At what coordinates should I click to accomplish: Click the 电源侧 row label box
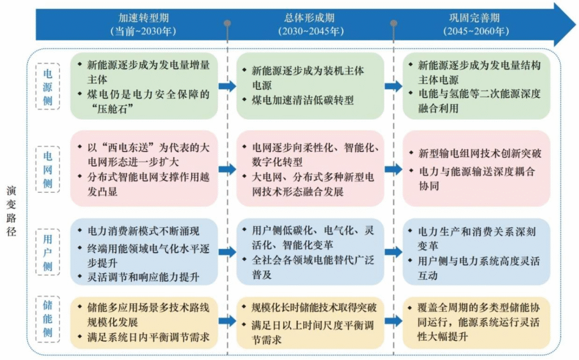click(x=47, y=85)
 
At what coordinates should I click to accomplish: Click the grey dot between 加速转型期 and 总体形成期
click(x=227, y=24)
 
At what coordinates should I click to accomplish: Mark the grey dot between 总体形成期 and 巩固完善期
click(x=394, y=24)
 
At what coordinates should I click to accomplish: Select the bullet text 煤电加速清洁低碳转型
click(x=303, y=100)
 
